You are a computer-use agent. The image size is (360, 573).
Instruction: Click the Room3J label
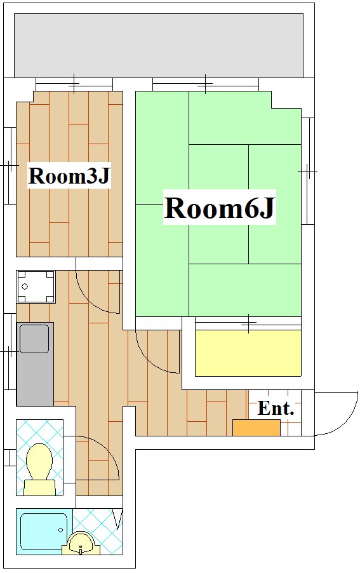pyautogui.click(x=69, y=176)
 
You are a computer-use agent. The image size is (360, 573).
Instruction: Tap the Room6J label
pyautogui.click(x=219, y=208)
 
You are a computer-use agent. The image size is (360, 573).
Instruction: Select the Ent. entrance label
pyautogui.click(x=276, y=408)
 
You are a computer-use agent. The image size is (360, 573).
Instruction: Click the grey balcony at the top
pyautogui.click(x=159, y=45)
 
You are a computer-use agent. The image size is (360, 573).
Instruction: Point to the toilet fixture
pyautogui.click(x=40, y=469)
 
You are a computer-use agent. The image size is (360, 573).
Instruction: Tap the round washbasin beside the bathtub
pyautogui.click(x=81, y=544)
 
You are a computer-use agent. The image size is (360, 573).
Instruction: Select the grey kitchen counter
pyautogui.click(x=35, y=364)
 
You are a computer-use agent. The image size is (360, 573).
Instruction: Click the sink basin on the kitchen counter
pyautogui.click(x=34, y=339)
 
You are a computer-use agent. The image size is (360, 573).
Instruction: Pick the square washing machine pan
pyautogui.click(x=36, y=287)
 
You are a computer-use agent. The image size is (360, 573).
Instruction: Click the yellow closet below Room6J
pyautogui.click(x=248, y=353)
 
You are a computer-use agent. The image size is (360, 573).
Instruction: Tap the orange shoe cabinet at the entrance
pyautogui.click(x=257, y=428)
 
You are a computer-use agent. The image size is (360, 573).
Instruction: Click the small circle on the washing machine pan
pyautogui.click(x=25, y=286)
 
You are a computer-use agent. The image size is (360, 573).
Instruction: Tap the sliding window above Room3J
pyautogui.click(x=74, y=84)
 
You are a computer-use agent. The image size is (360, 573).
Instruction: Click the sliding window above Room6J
pyautogui.click(x=206, y=84)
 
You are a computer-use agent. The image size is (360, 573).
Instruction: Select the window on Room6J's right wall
pyautogui.click(x=308, y=171)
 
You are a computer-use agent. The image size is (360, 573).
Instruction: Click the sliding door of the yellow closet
pyautogui.click(x=248, y=324)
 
